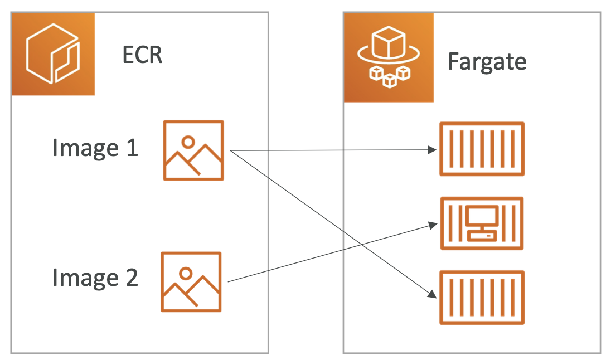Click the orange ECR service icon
53,53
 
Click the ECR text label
142,55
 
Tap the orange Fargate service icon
389,57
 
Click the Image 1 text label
95,148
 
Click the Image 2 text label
95,278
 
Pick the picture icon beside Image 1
193,150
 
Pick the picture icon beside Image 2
191,281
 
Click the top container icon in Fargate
482,149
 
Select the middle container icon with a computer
482,223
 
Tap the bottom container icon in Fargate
482,297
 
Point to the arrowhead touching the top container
431,149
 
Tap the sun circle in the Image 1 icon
188,142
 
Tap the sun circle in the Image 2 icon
186,273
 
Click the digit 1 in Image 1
131,148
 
